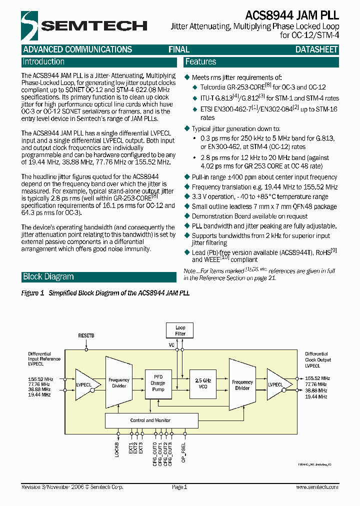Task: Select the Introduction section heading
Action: [x=43, y=62]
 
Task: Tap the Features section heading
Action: [x=200, y=62]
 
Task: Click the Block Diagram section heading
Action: [x=48, y=277]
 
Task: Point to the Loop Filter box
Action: [x=180, y=330]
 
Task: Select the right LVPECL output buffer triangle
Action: [x=276, y=384]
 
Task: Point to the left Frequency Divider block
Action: [x=119, y=383]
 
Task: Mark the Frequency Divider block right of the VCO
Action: [x=242, y=384]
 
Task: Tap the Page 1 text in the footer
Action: [x=179, y=487]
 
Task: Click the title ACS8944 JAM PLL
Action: [x=292, y=15]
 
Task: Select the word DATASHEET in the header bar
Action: [x=316, y=49]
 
